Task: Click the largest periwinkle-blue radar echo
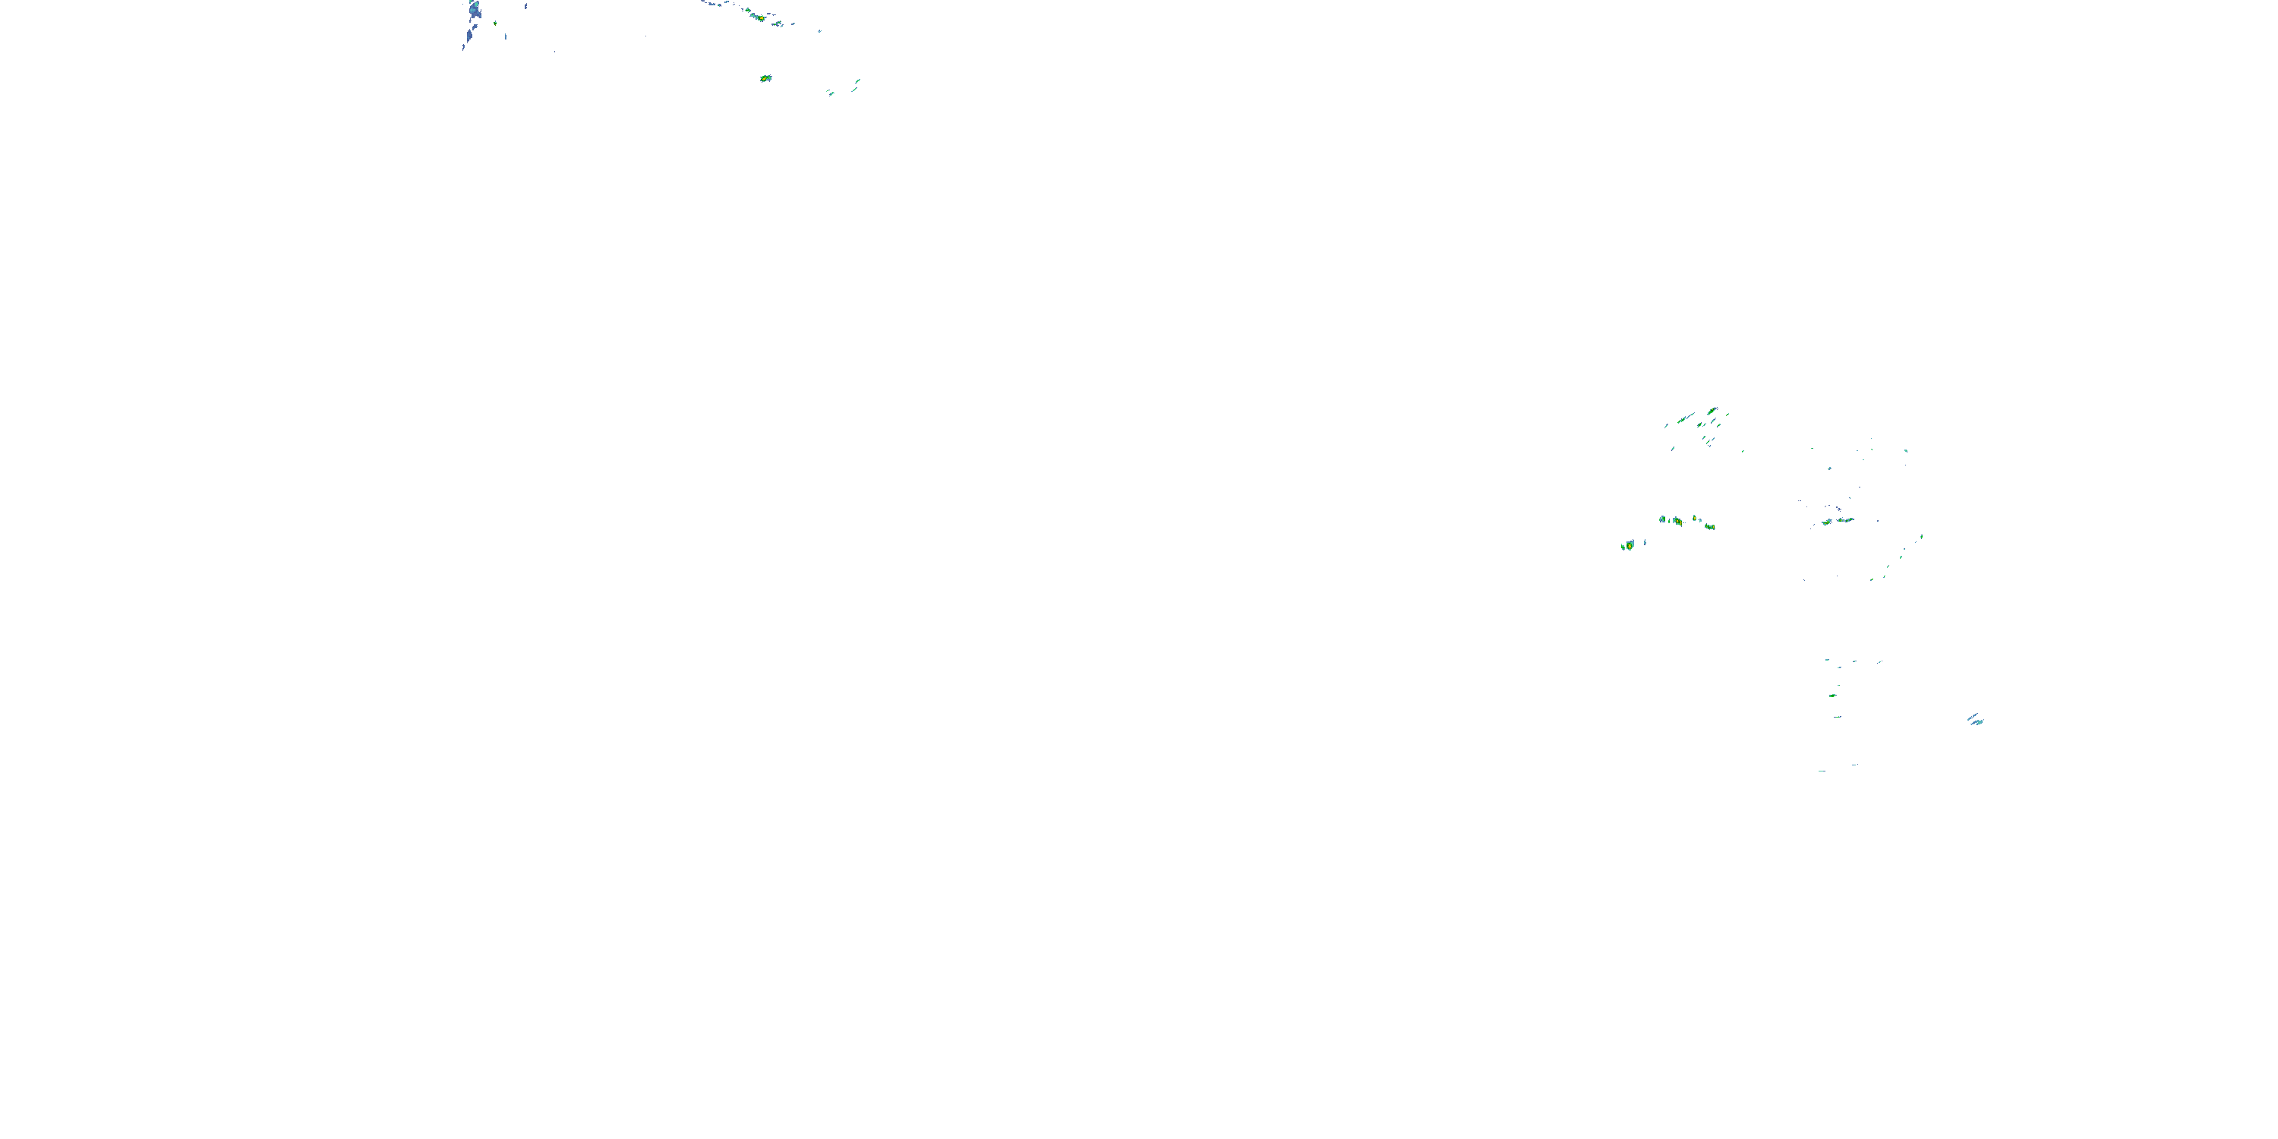point(475,11)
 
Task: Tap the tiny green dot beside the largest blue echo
point(495,23)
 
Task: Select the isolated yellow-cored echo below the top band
point(765,79)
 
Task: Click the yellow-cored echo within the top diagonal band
point(759,17)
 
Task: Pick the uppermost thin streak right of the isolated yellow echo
point(857,81)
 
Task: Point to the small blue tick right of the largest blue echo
point(525,6)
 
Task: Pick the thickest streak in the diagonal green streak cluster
point(1712,412)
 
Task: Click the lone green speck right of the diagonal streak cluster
point(1743,451)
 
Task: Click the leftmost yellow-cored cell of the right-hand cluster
point(1628,546)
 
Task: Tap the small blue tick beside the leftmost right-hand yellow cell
point(1645,541)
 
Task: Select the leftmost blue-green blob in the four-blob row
point(1662,519)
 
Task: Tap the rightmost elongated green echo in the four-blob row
point(1709,526)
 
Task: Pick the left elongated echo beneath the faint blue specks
point(1826,522)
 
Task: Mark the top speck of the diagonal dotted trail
point(1922,536)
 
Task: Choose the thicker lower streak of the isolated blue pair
point(1977,722)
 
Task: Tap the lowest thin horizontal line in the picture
point(1822,771)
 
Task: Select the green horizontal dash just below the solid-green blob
point(1838,716)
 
